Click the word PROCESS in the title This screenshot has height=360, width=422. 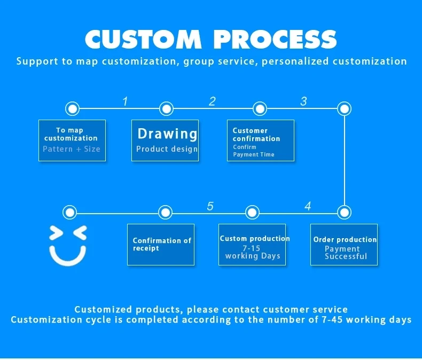275,39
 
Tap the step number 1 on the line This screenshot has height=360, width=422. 125,101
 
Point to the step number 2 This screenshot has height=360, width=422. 212,101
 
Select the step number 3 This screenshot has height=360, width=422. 303,101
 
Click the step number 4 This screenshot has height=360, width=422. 308,206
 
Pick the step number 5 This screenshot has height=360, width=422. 210,206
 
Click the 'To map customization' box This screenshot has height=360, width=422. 72,140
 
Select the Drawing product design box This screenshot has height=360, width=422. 165,140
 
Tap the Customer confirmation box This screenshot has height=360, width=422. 261,140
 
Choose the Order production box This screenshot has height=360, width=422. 344,245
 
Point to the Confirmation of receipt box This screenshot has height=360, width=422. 160,245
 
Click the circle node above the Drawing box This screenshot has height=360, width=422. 166,109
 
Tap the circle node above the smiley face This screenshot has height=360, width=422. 69,213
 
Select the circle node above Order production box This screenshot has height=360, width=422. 345,213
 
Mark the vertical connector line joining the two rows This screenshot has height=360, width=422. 345,160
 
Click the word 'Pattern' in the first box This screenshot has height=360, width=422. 57,149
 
